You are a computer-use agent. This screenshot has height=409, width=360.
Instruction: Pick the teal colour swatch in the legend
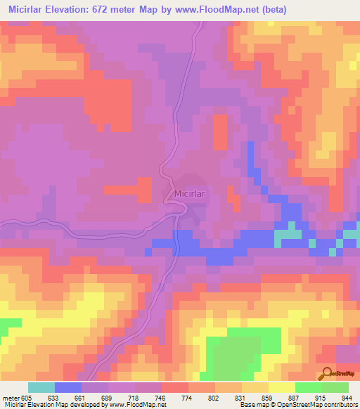coord(41,387)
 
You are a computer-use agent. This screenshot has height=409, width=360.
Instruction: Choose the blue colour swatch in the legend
coord(67,387)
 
